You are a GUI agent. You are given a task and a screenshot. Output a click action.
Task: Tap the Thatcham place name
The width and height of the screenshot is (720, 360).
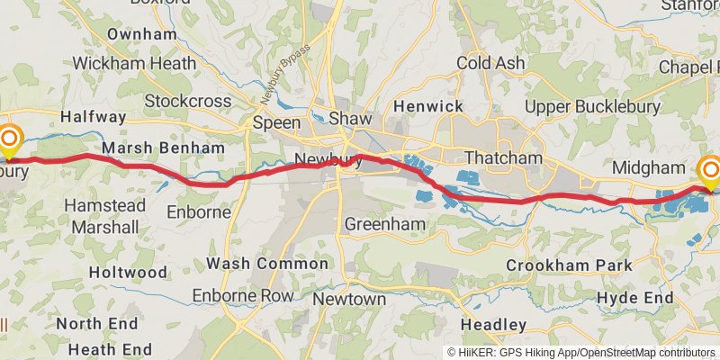pyautogui.click(x=504, y=158)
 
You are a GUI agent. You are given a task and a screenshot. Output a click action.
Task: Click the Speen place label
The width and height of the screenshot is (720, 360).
pyautogui.click(x=276, y=122)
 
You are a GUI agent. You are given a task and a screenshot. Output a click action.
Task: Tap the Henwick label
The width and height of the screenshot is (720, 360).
pyautogui.click(x=428, y=107)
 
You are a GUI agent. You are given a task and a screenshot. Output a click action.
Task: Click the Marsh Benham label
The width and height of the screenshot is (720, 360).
pyautogui.click(x=163, y=148)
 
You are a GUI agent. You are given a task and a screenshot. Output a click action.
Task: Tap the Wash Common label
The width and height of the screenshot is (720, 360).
pyautogui.click(x=267, y=264)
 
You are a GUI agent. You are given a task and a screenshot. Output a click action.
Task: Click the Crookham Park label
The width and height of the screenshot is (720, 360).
pyautogui.click(x=569, y=265)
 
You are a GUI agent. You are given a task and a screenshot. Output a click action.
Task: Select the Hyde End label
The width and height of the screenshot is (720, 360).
pyautogui.click(x=635, y=298)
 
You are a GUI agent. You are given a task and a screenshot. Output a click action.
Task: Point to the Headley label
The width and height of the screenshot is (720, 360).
pyautogui.click(x=493, y=324)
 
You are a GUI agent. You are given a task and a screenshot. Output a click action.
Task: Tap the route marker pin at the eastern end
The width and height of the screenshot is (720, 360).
pyautogui.click(x=711, y=170)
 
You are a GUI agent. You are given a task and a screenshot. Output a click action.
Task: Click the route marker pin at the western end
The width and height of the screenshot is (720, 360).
pyautogui.click(x=10, y=139)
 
